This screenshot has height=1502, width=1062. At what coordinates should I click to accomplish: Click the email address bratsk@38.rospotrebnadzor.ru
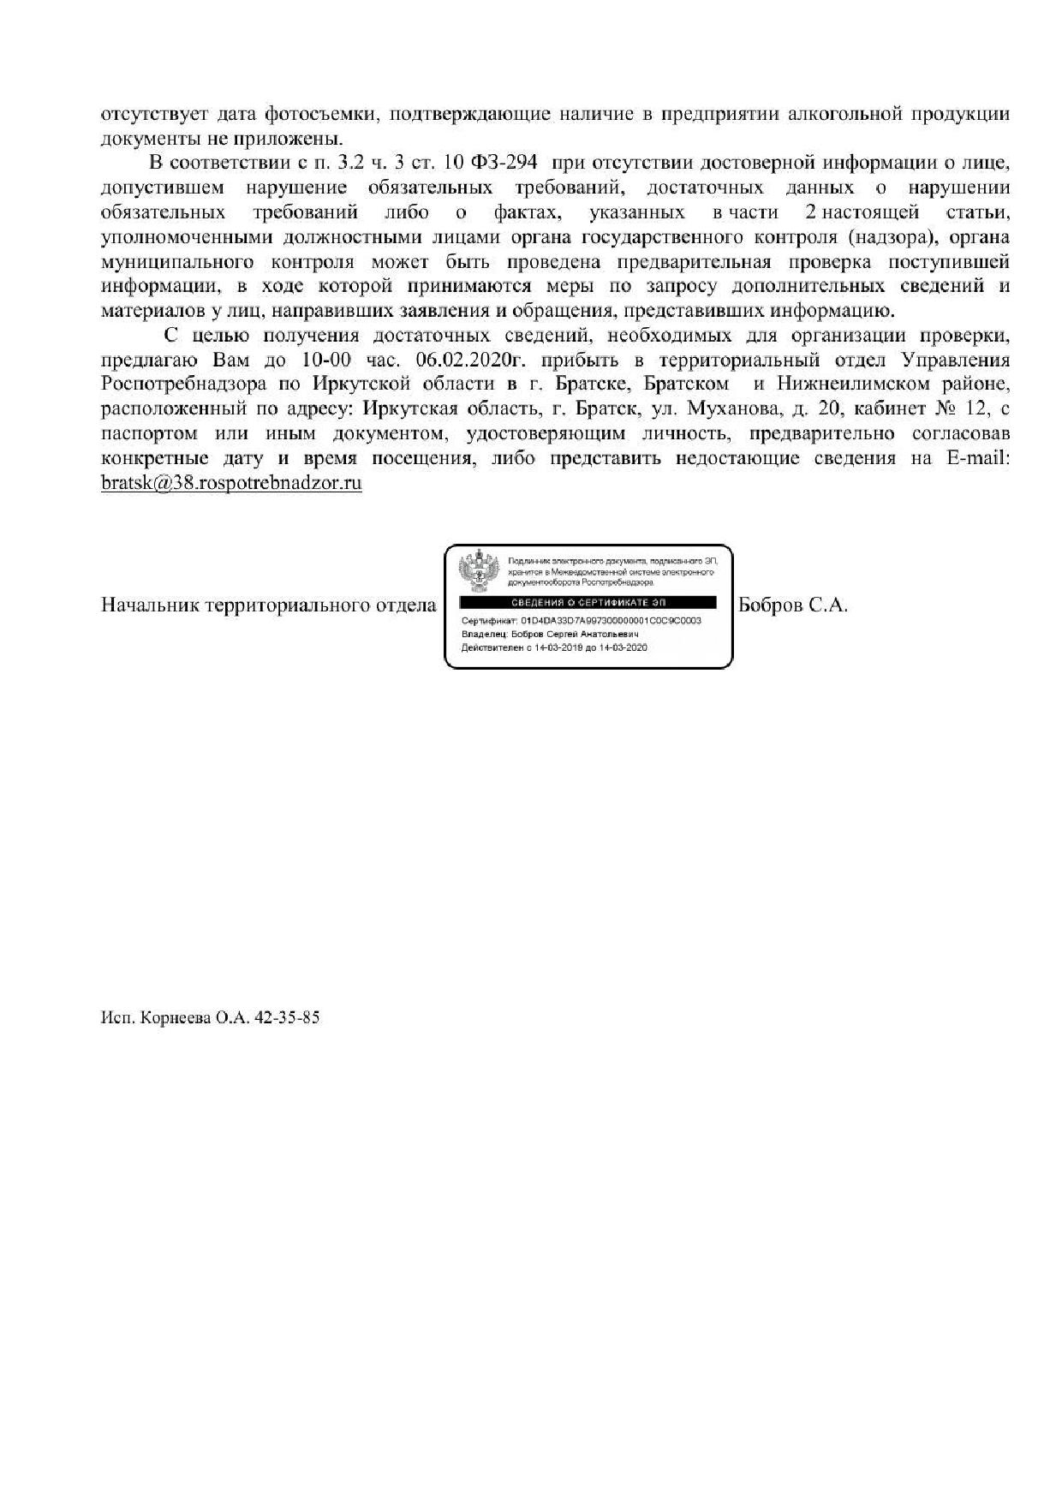231,483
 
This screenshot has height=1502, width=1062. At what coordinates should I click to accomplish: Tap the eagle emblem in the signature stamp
478,571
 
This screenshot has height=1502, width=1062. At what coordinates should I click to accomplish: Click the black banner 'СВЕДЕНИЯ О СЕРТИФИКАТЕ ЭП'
588,603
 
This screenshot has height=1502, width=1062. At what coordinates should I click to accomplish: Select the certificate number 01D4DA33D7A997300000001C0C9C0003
611,620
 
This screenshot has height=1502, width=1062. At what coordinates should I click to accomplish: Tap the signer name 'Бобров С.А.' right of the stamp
793,605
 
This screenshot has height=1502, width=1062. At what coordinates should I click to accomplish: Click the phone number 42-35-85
292,1019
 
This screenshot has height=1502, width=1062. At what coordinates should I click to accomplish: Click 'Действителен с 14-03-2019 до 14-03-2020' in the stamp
554,648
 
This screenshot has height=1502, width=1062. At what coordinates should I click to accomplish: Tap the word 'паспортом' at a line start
149,433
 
